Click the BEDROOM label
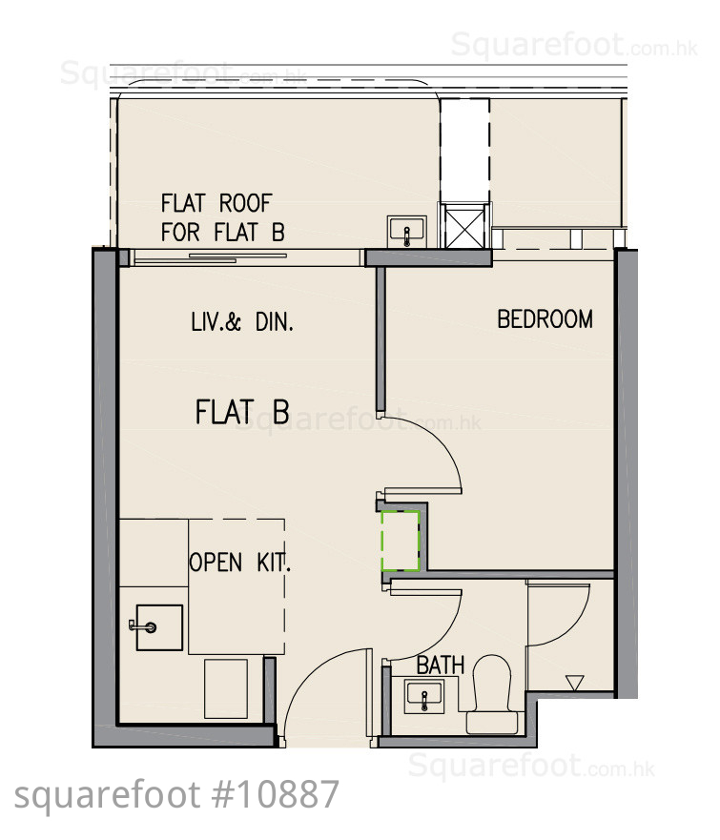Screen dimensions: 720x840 tap(545, 319)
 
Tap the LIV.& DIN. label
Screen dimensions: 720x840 tap(242, 322)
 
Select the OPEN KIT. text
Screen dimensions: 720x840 tap(239, 562)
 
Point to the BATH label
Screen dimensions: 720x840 tap(441, 666)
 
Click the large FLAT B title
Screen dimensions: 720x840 tap(242, 412)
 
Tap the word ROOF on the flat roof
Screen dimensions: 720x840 tap(245, 203)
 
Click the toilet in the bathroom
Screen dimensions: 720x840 tap(492, 694)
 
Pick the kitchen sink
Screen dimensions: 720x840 tap(159, 627)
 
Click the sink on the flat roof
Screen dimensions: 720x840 tap(406, 232)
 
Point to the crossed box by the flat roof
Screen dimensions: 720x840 tap(464, 226)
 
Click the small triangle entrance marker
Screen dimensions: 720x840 tap(574, 683)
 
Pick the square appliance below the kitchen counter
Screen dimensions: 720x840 tap(225, 689)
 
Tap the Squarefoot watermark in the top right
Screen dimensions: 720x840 tap(574, 45)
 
